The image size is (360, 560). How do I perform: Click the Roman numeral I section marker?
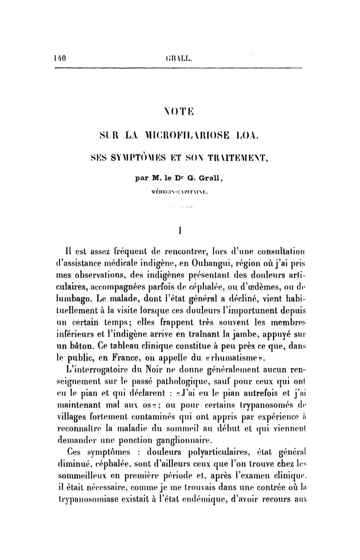(x=180, y=231)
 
